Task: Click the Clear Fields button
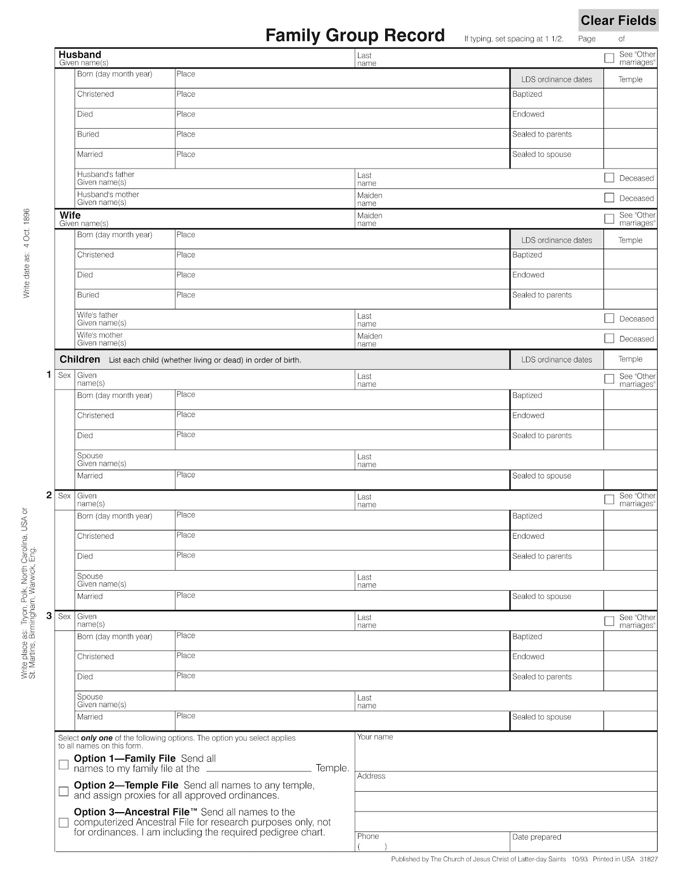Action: [618, 20]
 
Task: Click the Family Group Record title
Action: [355, 35]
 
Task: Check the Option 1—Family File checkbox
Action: [64, 765]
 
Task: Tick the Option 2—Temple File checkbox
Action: [64, 791]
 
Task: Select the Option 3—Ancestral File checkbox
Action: [64, 823]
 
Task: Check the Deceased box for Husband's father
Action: [609, 177]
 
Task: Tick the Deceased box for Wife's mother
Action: [609, 338]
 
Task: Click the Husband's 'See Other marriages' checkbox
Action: [609, 58]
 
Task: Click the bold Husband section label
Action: [80, 54]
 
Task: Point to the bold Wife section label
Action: [70, 215]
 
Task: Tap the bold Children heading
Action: [80, 359]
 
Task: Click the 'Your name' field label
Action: [375, 736]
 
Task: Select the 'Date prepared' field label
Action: [536, 836]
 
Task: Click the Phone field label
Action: [367, 836]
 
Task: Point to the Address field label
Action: [371, 776]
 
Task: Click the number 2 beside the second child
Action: [49, 495]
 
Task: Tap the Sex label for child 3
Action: [65, 616]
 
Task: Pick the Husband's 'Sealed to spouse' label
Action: [541, 154]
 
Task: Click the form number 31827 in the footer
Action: [648, 859]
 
